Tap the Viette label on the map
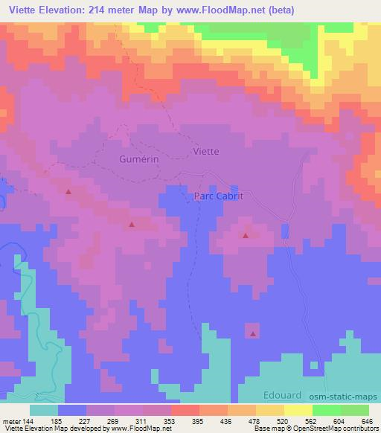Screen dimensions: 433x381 tap(205, 151)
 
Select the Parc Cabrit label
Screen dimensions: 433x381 tap(219, 196)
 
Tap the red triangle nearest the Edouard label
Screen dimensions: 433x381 tap(253, 334)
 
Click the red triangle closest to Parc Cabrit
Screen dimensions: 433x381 tap(245, 236)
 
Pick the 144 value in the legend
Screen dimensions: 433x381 tap(28, 420)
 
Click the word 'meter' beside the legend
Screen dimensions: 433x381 tap(10, 420)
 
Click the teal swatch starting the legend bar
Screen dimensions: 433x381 tap(44, 410)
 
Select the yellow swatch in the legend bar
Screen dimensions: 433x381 tap(297, 410)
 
